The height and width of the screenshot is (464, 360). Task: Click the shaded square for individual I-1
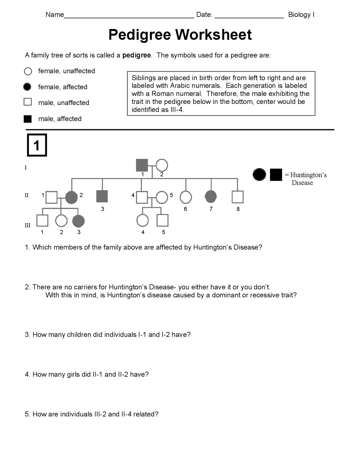(142, 165)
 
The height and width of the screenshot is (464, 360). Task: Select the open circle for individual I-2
(162, 165)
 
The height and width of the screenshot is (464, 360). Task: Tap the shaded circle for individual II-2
(71, 197)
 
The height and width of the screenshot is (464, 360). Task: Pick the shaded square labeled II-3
(102, 196)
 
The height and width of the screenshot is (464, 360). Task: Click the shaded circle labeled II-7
(211, 197)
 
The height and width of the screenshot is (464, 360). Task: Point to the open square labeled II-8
(238, 197)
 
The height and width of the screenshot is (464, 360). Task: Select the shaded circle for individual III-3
(78, 221)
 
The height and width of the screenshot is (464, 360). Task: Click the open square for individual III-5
(163, 220)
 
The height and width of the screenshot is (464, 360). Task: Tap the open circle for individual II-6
(186, 197)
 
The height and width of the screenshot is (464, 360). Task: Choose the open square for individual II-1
(51, 197)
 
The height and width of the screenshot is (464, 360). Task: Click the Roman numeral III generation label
(27, 225)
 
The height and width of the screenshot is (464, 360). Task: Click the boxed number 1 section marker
(37, 145)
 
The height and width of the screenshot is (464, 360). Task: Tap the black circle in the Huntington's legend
(259, 175)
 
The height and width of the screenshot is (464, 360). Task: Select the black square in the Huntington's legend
(276, 175)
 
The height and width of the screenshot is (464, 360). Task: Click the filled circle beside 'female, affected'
(27, 87)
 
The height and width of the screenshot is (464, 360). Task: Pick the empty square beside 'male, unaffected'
(28, 102)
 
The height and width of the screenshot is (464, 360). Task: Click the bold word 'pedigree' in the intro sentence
(137, 55)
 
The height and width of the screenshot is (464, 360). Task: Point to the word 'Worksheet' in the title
(213, 35)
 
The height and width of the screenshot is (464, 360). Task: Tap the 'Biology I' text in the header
(301, 15)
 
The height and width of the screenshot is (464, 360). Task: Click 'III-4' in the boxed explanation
(177, 110)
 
